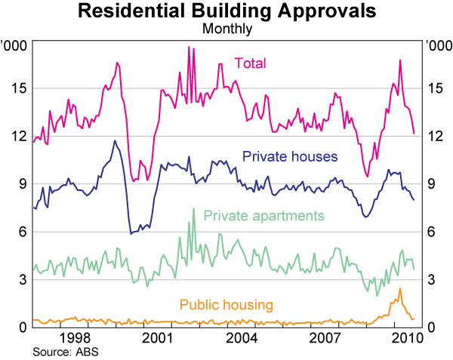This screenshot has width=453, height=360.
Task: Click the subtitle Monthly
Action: pyautogui.click(x=226, y=29)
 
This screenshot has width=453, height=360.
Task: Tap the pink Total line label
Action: pyautogui.click(x=250, y=63)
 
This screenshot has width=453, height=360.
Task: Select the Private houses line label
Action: pyautogui.click(x=289, y=156)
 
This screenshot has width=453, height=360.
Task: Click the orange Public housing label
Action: pyautogui.click(x=226, y=304)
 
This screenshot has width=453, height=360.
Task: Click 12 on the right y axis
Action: pyautogui.click(x=436, y=136)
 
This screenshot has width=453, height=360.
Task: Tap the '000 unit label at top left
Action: pyautogui.click(x=14, y=45)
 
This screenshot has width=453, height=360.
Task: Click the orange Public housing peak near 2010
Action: pyautogui.click(x=399, y=289)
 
